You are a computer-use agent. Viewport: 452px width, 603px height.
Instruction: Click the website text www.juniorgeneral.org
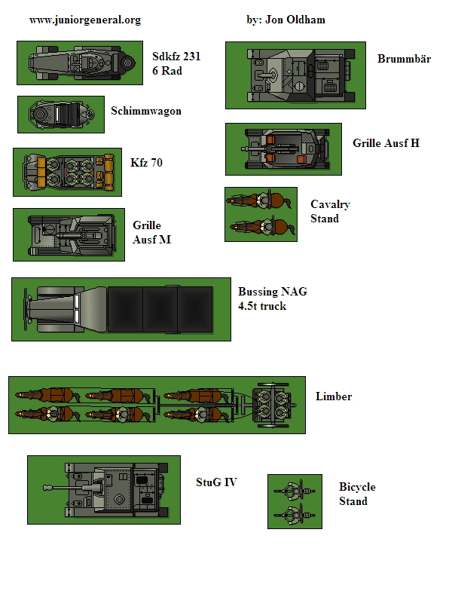[85, 20]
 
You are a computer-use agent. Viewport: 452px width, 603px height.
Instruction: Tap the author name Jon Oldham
[295, 20]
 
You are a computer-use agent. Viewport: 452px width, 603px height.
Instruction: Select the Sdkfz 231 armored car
[82, 63]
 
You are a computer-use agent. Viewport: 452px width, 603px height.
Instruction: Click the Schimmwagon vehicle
[61, 115]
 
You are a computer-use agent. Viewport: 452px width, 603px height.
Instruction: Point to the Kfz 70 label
[146, 163]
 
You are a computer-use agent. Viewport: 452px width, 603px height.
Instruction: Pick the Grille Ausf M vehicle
[72, 234]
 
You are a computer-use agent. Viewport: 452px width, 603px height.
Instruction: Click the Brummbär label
[404, 59]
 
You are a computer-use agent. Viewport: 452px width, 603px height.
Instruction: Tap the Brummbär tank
[301, 75]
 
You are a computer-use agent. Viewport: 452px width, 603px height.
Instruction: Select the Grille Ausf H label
[386, 143]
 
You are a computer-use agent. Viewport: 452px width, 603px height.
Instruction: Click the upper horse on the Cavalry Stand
[259, 200]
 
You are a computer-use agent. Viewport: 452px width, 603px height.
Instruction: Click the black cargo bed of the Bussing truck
[160, 309]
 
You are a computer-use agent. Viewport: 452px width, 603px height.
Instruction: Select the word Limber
[334, 396]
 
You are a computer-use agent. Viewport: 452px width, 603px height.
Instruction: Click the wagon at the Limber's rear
[273, 406]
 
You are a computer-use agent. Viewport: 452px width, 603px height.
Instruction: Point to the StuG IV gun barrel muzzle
[47, 488]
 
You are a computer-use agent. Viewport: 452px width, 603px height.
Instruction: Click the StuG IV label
[216, 482]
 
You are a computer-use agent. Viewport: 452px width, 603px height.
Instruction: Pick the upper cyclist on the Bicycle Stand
[295, 491]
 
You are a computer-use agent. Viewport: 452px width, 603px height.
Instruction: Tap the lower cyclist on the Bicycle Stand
[295, 514]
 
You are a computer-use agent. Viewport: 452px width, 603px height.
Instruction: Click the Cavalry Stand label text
[330, 211]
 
